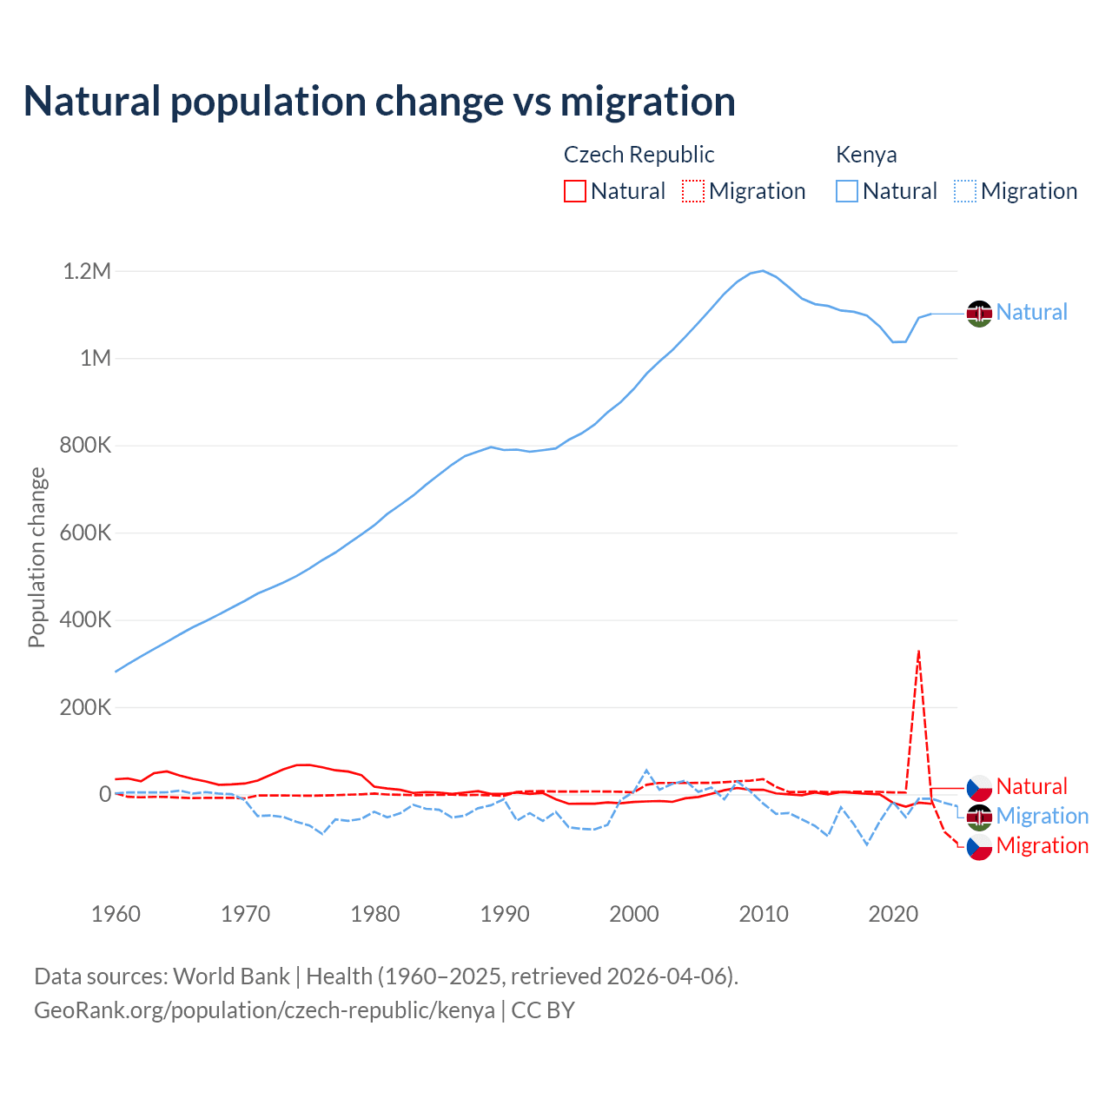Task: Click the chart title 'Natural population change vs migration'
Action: [x=379, y=102]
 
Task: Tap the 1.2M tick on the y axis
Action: [x=87, y=272]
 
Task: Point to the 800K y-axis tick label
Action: [x=85, y=447]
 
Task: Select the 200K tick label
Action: [x=85, y=708]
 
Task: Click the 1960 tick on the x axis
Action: [x=116, y=914]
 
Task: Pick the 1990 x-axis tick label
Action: [x=505, y=914]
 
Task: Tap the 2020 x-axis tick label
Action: [x=893, y=914]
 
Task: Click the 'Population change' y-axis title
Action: [x=36, y=558]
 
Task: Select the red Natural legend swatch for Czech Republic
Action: [x=574, y=191]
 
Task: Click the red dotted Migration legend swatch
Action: [x=693, y=191]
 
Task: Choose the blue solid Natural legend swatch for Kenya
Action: [x=847, y=191]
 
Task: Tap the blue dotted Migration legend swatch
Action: [x=965, y=191]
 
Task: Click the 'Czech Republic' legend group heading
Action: [x=639, y=155]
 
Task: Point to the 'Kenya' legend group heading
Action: [x=866, y=155]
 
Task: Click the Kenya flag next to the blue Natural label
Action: [x=979, y=313]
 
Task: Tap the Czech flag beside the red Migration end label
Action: [x=979, y=846]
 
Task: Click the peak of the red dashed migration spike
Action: [x=918, y=651]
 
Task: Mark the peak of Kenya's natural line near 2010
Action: [x=763, y=271]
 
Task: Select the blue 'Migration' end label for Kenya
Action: [x=1042, y=817]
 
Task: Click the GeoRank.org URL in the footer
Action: [x=264, y=1010]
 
